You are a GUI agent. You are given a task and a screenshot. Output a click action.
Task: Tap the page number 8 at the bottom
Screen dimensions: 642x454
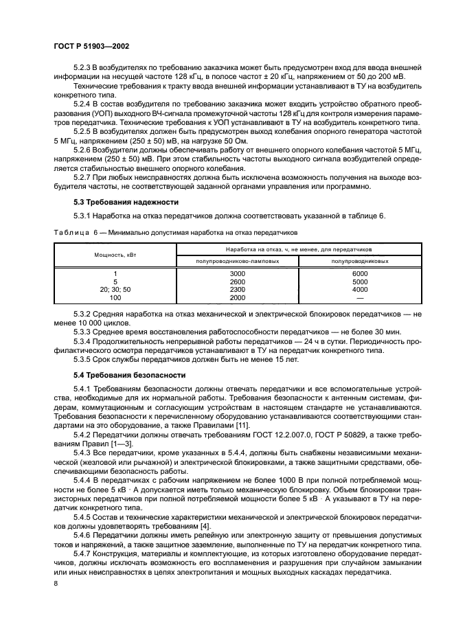point(55,583)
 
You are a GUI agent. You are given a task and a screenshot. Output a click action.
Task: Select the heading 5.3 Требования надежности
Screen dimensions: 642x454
point(126,203)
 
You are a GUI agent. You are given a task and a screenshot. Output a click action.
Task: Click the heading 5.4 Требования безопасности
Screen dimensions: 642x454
point(130,376)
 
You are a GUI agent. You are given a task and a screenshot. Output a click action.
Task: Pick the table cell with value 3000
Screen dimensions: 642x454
point(238,273)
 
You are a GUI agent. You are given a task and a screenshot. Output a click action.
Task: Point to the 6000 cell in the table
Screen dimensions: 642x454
point(361,273)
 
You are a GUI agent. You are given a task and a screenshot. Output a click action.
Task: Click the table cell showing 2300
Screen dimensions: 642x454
point(238,290)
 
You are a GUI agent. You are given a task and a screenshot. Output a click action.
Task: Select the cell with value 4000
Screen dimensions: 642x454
point(361,290)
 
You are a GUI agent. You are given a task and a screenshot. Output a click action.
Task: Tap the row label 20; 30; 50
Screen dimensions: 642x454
point(115,290)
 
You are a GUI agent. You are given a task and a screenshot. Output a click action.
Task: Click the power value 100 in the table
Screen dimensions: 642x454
point(115,298)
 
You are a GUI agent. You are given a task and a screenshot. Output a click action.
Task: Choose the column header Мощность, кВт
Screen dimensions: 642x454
point(115,254)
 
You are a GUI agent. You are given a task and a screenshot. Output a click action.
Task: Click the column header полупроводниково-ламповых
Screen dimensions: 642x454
point(238,261)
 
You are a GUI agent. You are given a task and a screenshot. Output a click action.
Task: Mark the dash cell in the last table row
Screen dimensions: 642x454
point(361,298)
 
